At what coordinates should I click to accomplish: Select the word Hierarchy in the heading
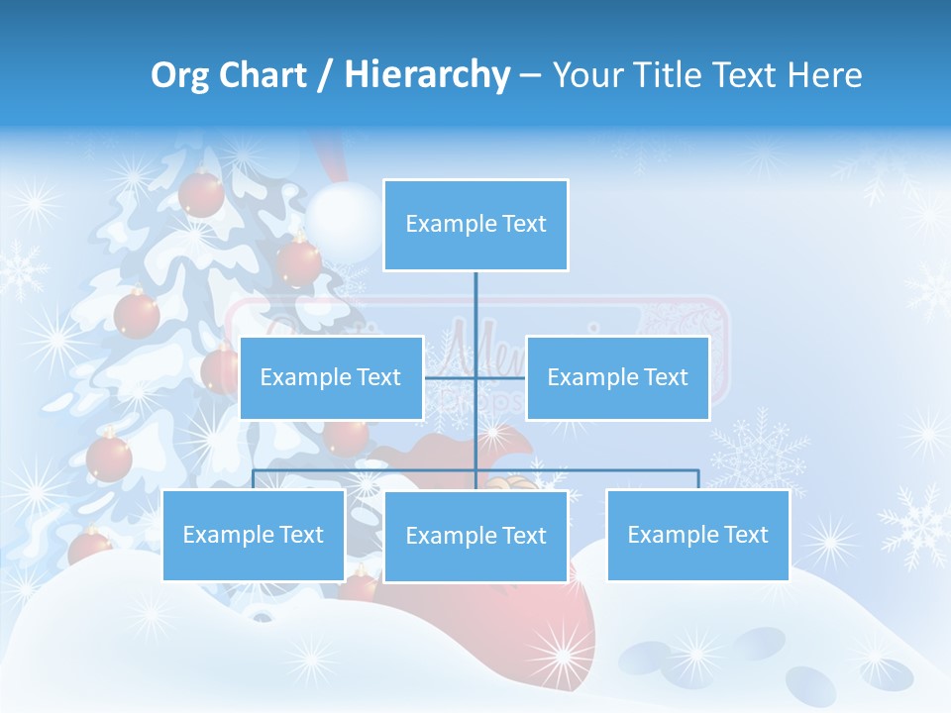pos(426,75)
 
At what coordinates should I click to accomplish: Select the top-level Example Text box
pos(475,225)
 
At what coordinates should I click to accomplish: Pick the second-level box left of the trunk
pos(331,377)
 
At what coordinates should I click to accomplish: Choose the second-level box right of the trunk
pos(617,377)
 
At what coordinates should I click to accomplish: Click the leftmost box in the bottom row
pos(254,535)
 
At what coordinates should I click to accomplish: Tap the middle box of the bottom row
pos(475,536)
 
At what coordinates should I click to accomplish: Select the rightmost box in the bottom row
pos(697,535)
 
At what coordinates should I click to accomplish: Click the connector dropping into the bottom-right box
pos(698,479)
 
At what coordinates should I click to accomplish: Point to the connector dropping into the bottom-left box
pos(254,479)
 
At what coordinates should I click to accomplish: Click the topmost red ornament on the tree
pos(202,193)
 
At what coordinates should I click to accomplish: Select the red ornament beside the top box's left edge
pos(298,260)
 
